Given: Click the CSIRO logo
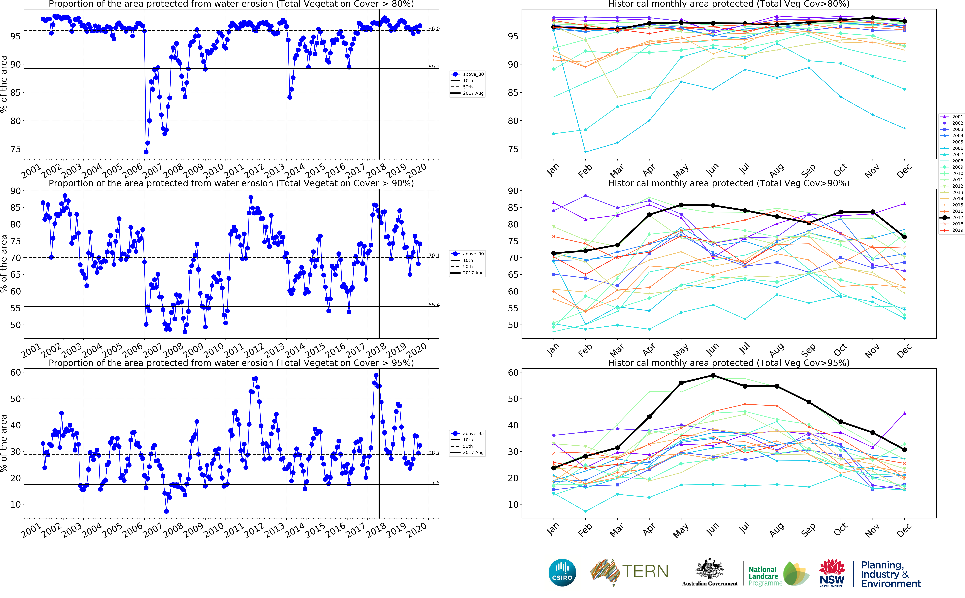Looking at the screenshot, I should pyautogui.click(x=562, y=573).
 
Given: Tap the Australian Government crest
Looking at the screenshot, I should pyautogui.click(x=710, y=570).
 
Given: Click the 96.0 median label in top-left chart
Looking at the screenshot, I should pyautogui.click(x=434, y=28).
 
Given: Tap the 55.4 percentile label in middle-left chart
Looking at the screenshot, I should pyautogui.click(x=434, y=304).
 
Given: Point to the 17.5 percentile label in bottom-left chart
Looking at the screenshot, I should pyautogui.click(x=434, y=483).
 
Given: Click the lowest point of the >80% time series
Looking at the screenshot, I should pyautogui.click(x=146, y=152).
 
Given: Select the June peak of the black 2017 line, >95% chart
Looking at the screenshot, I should pyautogui.click(x=713, y=375).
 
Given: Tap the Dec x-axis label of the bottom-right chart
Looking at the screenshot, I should pyautogui.click(x=904, y=530).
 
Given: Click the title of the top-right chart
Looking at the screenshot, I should pyautogui.click(x=729, y=4).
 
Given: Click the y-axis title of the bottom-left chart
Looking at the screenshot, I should pyautogui.click(x=4, y=443).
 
